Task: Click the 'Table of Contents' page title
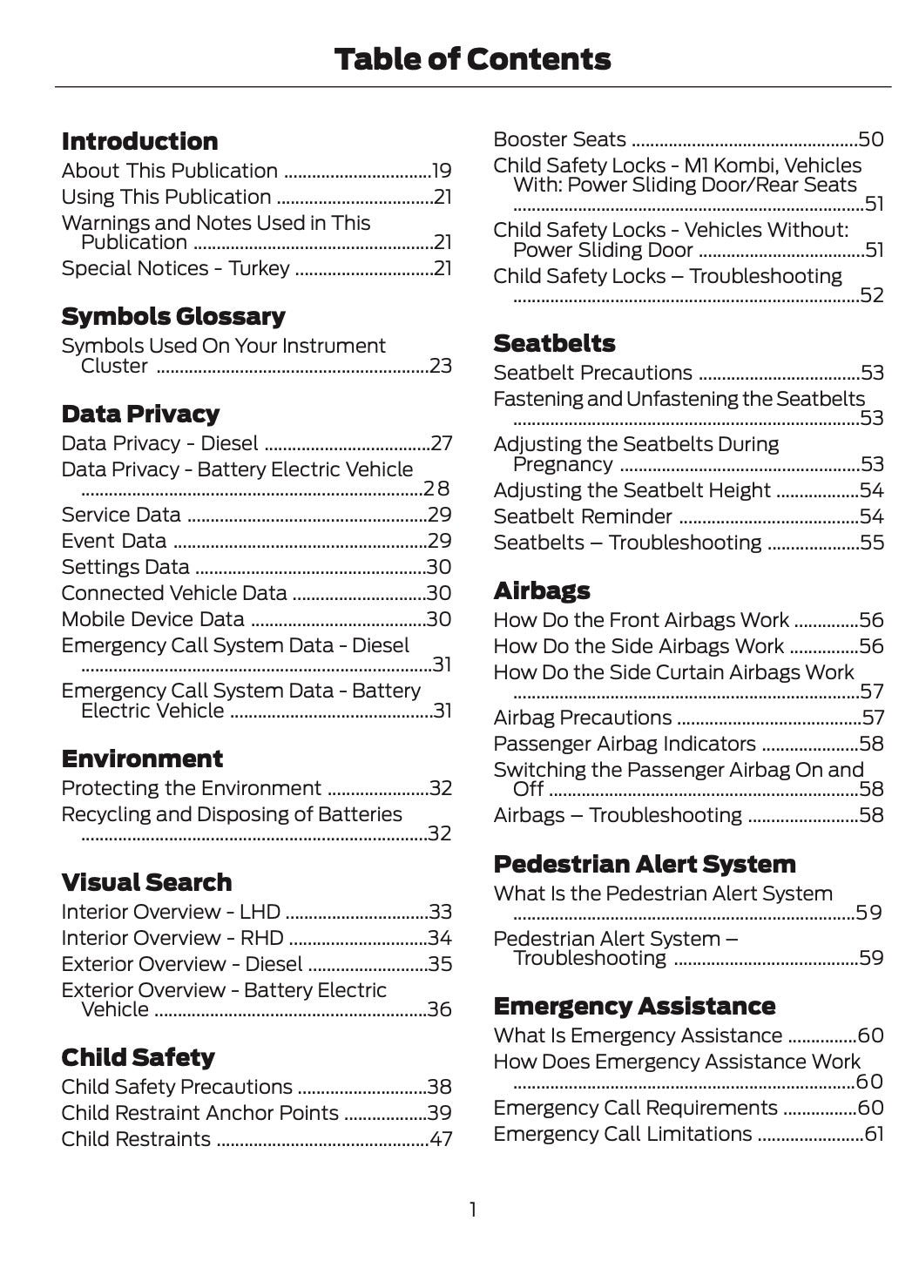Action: pyautogui.click(x=472, y=59)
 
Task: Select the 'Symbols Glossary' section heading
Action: pyautogui.click(x=173, y=316)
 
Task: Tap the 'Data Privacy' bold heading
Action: pyautogui.click(x=140, y=414)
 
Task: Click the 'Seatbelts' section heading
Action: pyautogui.click(x=554, y=343)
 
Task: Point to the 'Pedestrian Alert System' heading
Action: pyautogui.click(x=645, y=864)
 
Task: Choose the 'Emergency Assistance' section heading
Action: pyautogui.click(x=634, y=1006)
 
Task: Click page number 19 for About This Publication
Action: pyautogui.click(x=442, y=172)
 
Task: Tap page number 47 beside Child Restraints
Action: pyautogui.click(x=440, y=1140)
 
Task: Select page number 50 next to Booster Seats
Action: pyautogui.click(x=871, y=139)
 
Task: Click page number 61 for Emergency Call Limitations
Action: pyautogui.click(x=874, y=1135)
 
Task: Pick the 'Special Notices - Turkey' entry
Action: pyautogui.click(x=175, y=268)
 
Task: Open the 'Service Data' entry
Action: pyautogui.click(x=121, y=515)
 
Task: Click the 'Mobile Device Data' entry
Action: pyautogui.click(x=152, y=619)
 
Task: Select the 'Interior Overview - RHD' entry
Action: pyautogui.click(x=172, y=938)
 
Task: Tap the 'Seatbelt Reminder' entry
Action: pyautogui.click(x=583, y=516)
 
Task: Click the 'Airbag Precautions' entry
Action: pyautogui.click(x=583, y=718)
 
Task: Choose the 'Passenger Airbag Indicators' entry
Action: pyautogui.click(x=625, y=744)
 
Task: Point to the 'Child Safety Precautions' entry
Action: pyautogui.click(x=177, y=1087)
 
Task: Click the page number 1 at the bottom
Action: pyautogui.click(x=473, y=1210)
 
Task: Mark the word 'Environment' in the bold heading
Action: pyautogui.click(x=142, y=759)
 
